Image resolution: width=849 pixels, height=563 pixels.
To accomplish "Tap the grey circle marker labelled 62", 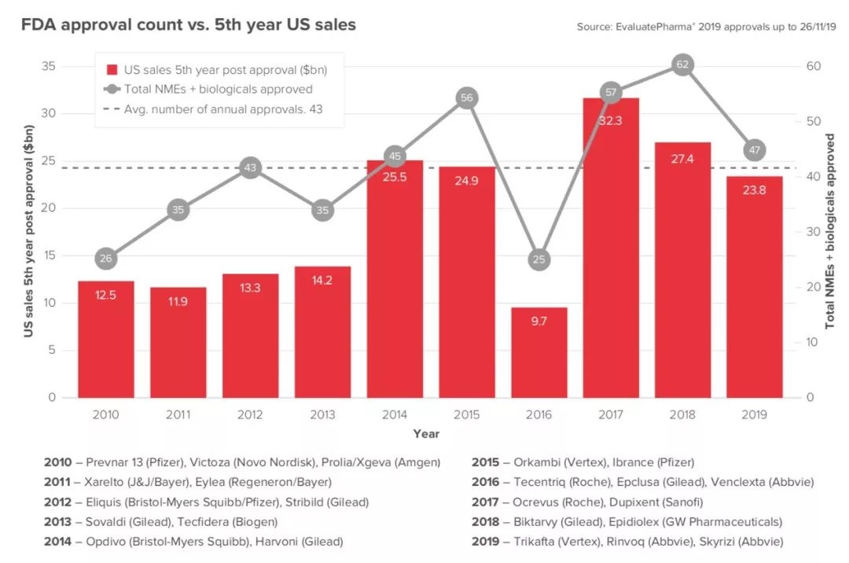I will tap(682, 65).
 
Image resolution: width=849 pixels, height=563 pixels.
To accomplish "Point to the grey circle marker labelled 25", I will tap(538, 259).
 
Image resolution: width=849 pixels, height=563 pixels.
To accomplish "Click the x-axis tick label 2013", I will tap(322, 414).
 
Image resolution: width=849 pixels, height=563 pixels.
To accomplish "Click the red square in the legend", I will tap(112, 69).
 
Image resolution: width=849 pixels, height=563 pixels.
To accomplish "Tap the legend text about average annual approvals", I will tap(223, 109).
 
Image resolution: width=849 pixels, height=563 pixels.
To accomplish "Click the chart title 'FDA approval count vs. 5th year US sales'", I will tap(189, 25).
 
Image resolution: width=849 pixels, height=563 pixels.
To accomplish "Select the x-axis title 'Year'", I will tap(426, 434).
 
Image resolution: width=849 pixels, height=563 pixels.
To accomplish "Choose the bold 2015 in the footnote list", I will tap(485, 462).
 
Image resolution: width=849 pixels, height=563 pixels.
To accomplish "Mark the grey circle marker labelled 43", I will tap(251, 167).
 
